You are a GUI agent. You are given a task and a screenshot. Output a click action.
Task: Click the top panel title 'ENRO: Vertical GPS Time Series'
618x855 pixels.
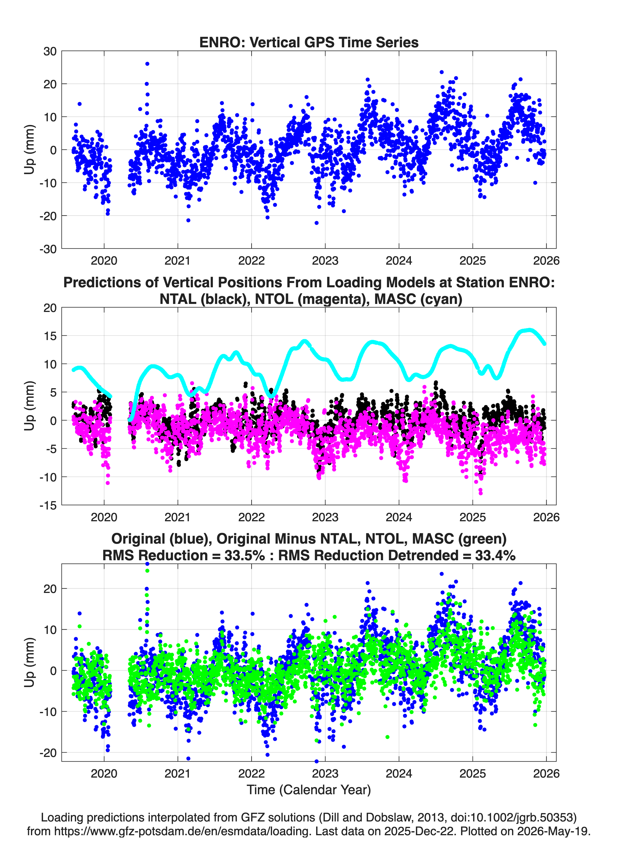tap(309, 42)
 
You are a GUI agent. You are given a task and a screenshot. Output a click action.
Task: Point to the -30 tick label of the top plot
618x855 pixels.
tap(48, 249)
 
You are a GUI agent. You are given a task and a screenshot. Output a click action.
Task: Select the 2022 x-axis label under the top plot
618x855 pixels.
tap(251, 261)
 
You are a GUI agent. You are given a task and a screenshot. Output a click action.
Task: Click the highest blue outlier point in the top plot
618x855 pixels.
tap(147, 64)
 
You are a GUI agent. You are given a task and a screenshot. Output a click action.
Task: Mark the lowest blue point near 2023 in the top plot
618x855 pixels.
tap(316, 223)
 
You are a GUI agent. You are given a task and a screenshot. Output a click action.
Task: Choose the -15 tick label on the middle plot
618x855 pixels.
tap(48, 505)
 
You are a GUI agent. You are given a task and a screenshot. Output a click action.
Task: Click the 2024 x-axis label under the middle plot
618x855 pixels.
tap(399, 517)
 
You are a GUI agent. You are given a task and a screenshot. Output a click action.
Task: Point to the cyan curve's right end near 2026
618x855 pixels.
tap(545, 343)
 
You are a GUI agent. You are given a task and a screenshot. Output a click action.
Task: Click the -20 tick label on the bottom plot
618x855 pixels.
tap(48, 753)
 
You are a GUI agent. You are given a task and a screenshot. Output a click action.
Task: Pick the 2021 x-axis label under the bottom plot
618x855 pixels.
tap(178, 774)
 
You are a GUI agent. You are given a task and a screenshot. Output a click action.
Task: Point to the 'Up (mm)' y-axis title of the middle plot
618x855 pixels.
tap(30, 406)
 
